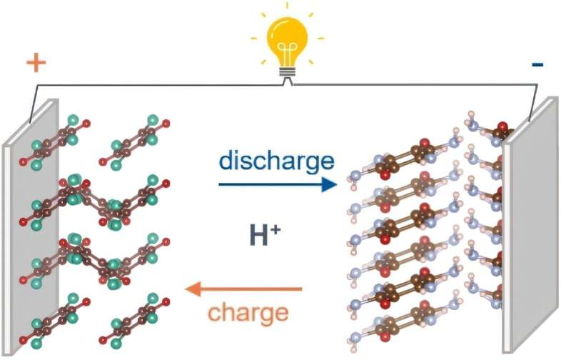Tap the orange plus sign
pos(36,63)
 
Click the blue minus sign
pos(537,65)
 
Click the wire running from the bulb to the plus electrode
pos(143,84)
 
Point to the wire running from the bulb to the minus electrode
pos(414,84)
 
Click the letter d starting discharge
pos(226,161)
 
